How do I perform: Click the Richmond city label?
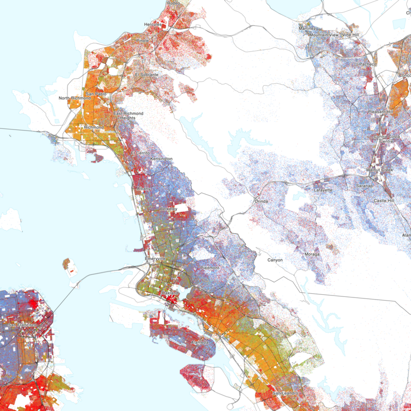pyautogui.click(x=94, y=127)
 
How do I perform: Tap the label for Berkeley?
pyautogui.click(x=168, y=209)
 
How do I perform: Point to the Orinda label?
pyautogui.click(x=261, y=201)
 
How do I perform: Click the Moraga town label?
pyautogui.click(x=312, y=254)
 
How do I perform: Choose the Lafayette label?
pyautogui.click(x=323, y=190)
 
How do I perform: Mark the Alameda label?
pyautogui.click(x=200, y=342)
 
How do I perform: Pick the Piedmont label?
pyautogui.click(x=209, y=268)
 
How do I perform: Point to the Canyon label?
pyautogui.click(x=275, y=260)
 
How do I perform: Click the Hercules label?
pyautogui.click(x=153, y=24)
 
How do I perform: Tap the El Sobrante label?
pyautogui.click(x=147, y=74)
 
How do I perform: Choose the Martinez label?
pyautogui.click(x=307, y=28)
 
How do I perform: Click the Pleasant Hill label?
pyautogui.click(x=380, y=111)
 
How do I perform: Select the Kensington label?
pyautogui.click(x=161, y=159)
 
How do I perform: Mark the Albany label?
pyautogui.click(x=143, y=189)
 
